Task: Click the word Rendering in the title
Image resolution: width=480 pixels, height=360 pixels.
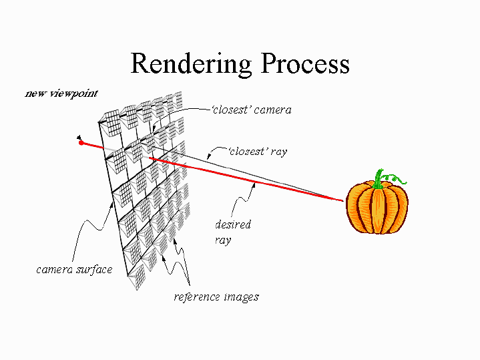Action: (x=191, y=63)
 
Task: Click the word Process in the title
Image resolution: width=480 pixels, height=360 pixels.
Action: (x=305, y=63)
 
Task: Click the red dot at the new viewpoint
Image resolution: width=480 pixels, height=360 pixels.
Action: (x=81, y=142)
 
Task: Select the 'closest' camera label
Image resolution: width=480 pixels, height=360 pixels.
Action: (x=251, y=110)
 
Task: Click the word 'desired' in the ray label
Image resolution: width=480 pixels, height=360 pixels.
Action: (x=233, y=224)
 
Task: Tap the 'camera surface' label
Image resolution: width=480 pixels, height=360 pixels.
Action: (x=74, y=270)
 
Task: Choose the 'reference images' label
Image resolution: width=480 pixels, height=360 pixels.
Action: (x=216, y=297)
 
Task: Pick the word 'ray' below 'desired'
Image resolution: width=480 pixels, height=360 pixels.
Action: (x=223, y=239)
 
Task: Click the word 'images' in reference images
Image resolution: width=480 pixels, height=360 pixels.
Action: (x=242, y=297)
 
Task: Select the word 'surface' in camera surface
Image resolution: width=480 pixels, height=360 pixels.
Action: (x=95, y=270)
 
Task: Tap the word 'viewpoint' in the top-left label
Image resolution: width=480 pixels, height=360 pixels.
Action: (x=69, y=93)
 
